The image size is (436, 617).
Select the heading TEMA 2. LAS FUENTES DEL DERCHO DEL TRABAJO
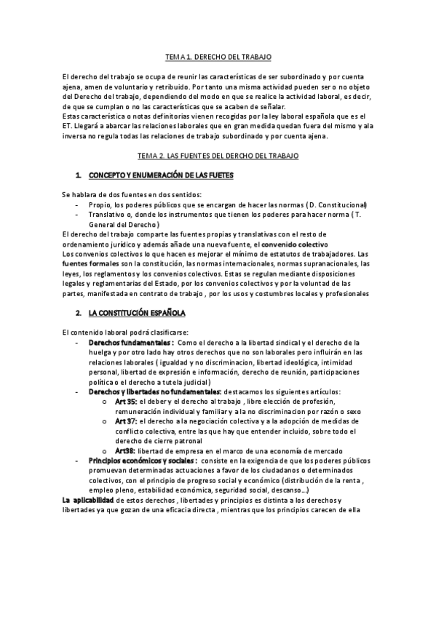[218, 156]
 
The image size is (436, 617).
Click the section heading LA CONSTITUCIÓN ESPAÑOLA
[138, 313]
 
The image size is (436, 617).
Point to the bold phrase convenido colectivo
[294, 244]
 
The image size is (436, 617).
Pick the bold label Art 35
[125, 402]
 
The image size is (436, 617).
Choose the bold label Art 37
[125, 421]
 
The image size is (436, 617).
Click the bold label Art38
[124, 451]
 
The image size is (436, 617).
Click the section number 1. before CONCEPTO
[78, 175]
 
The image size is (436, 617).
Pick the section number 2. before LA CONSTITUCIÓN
[78, 313]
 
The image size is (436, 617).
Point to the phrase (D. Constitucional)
[337, 205]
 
